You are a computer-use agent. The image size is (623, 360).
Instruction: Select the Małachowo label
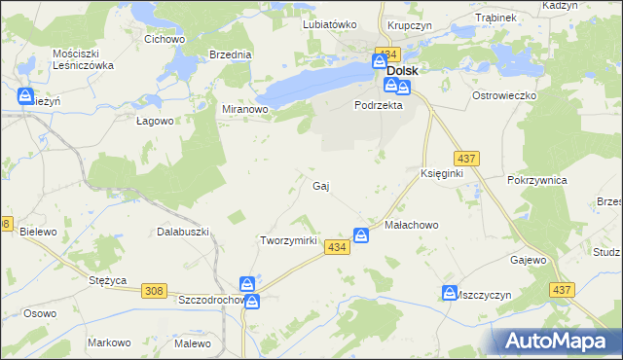click(413, 224)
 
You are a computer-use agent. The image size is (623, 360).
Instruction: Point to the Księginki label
click(441, 172)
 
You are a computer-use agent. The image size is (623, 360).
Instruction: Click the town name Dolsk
click(403, 71)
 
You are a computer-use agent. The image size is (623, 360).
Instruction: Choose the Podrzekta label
click(379, 106)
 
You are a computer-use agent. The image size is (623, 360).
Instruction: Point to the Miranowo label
click(245, 110)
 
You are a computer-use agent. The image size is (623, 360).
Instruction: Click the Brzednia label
click(231, 55)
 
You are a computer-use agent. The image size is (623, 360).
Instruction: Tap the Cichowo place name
click(165, 40)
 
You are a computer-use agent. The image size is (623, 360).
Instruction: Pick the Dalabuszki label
click(184, 232)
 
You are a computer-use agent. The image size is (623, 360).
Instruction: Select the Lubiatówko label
click(330, 24)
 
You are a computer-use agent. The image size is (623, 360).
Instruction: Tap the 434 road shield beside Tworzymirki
click(337, 248)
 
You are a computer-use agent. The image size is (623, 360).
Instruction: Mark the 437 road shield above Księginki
click(464, 158)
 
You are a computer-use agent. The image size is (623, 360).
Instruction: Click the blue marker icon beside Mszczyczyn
click(450, 292)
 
